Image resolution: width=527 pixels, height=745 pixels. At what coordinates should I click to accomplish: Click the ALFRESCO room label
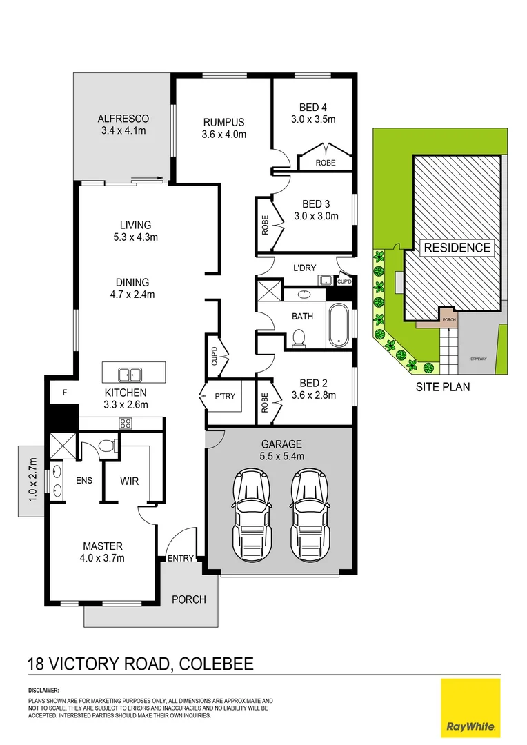pos(123,118)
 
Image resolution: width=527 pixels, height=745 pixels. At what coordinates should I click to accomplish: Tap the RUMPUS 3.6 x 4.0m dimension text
pos(223,135)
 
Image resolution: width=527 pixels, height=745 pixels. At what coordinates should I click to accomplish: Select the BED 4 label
pos(312,107)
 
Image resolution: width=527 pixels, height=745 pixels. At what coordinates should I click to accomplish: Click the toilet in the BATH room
pos(299,337)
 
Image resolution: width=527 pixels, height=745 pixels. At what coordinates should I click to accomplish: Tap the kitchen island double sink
pos(129,375)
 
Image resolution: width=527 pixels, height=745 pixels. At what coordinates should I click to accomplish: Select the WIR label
pos(130,480)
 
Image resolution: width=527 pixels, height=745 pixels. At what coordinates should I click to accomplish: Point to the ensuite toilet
pos(106,447)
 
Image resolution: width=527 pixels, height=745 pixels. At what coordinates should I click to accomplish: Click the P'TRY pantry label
pos(225,397)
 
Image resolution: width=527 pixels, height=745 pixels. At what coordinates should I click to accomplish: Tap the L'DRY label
pos(304,267)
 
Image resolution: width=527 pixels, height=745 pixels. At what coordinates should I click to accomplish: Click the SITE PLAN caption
pos(442,387)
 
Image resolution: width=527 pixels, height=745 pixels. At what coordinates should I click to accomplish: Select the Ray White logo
pos(471,708)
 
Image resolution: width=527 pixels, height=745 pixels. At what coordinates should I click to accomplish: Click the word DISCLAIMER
pos(43,690)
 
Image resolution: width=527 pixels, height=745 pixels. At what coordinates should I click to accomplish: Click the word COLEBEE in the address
pos(215,664)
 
